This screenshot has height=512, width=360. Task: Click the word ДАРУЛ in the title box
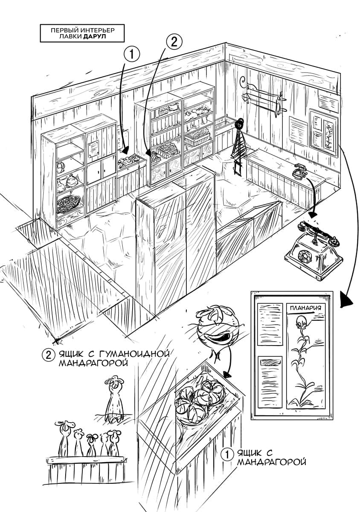pos(94,37)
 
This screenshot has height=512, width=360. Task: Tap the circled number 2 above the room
pos(174,42)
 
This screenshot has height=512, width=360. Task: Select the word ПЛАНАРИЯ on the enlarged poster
pos(305,308)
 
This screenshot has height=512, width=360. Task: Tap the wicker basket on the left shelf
pos(68,203)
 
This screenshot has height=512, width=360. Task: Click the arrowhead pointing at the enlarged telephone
pos(314,214)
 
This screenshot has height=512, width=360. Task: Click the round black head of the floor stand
pos(240,124)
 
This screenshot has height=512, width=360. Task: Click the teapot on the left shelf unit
pos(60,167)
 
